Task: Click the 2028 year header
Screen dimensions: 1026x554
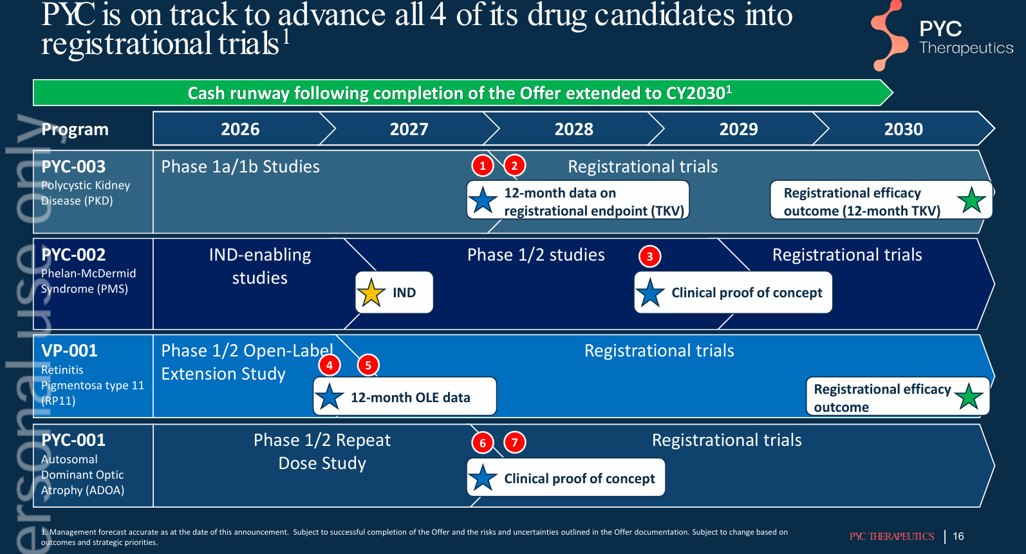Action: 574,129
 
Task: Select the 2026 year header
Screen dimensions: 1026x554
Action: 240,129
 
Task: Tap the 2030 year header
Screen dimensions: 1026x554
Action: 903,129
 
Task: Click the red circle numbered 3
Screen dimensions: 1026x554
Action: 649,257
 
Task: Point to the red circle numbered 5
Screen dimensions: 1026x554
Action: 368,365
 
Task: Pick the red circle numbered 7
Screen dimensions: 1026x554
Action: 514,443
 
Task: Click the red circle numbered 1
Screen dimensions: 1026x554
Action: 482,166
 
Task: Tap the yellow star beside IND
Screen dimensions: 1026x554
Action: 371,293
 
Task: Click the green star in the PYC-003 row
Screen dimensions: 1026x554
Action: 971,201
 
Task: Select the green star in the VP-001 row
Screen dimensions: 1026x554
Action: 968,396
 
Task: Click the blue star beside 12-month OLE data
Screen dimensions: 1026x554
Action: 330,396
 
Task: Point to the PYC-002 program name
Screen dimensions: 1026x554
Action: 73,255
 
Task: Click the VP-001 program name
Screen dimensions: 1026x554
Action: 69,351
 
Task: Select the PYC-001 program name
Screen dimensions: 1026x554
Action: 73,440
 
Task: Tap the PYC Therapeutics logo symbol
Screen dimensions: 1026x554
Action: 889,36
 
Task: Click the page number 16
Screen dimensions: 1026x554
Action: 958,536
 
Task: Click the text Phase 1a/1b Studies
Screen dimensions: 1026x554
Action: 241,167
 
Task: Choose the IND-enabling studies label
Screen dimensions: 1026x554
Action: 259,266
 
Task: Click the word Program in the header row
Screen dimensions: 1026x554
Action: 75,129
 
